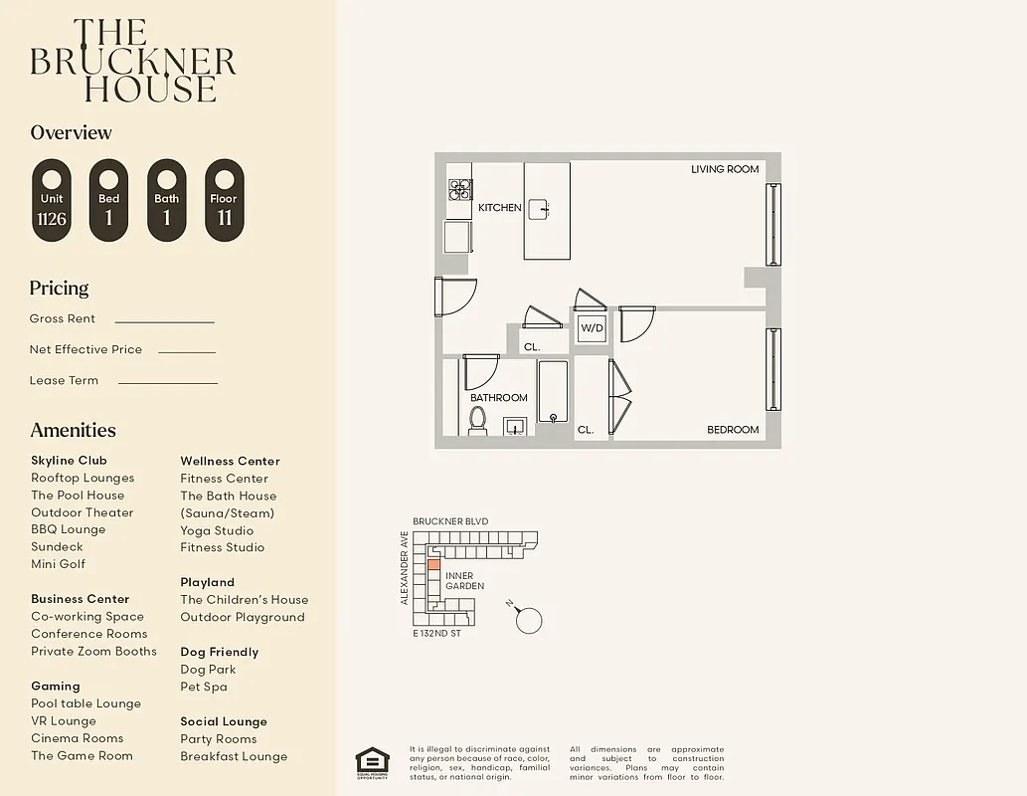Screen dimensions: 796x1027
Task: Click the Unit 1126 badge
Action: (x=52, y=200)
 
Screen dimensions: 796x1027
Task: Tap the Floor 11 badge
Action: (x=224, y=200)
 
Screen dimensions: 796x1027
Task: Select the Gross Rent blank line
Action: (x=165, y=322)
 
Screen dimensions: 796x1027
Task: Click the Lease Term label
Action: (x=64, y=380)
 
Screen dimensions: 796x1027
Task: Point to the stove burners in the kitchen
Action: (x=459, y=189)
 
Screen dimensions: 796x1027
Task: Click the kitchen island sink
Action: (x=538, y=209)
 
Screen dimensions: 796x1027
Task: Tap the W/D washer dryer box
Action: (x=593, y=326)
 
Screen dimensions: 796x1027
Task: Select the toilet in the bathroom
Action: (x=477, y=420)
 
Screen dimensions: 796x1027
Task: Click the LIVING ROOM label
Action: (x=725, y=169)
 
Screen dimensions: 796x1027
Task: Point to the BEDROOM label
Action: (x=733, y=430)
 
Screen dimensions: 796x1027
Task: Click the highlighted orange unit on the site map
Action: (x=432, y=564)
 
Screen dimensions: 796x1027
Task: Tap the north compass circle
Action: (x=530, y=621)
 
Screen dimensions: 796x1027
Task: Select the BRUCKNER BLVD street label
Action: (x=450, y=521)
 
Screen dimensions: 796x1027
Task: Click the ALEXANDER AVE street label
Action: (x=405, y=567)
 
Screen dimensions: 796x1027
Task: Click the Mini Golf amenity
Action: (x=58, y=564)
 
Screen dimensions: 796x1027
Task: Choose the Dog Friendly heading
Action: (x=219, y=652)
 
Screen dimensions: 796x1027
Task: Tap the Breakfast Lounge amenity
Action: (x=234, y=756)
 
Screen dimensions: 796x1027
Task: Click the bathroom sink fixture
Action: (x=514, y=427)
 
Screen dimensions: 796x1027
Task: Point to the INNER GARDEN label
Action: (x=464, y=581)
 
